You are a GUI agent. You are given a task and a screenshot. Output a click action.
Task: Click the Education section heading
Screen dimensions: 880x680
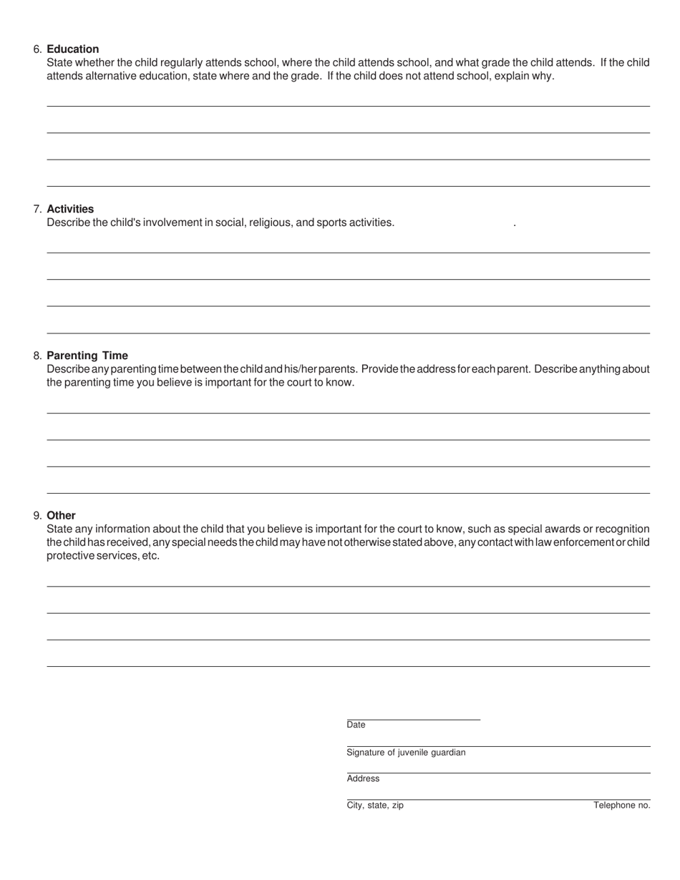click(x=72, y=49)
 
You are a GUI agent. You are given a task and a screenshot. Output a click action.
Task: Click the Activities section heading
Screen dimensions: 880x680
click(x=70, y=209)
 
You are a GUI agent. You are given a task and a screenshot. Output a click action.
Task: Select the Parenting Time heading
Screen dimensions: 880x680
click(x=87, y=356)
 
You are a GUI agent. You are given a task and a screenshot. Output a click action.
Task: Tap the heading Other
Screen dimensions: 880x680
click(x=61, y=516)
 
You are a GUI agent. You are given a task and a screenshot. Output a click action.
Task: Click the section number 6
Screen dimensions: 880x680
click(x=37, y=49)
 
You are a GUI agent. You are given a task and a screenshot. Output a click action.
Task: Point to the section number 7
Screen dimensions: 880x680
click(x=37, y=209)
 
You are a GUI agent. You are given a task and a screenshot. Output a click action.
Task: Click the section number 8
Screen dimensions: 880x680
click(x=37, y=356)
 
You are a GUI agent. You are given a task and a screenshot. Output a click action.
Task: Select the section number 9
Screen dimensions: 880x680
click(x=37, y=516)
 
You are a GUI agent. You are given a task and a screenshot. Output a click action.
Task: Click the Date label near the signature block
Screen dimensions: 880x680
click(x=356, y=725)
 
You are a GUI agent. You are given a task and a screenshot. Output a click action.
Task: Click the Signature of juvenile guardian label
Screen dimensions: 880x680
click(x=406, y=753)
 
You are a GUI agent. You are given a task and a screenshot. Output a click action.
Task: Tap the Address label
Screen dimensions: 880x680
click(x=363, y=778)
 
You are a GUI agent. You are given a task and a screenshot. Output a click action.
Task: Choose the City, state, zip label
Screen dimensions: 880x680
click(x=375, y=806)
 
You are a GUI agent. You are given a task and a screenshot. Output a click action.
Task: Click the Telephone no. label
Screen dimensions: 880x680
click(x=621, y=806)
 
